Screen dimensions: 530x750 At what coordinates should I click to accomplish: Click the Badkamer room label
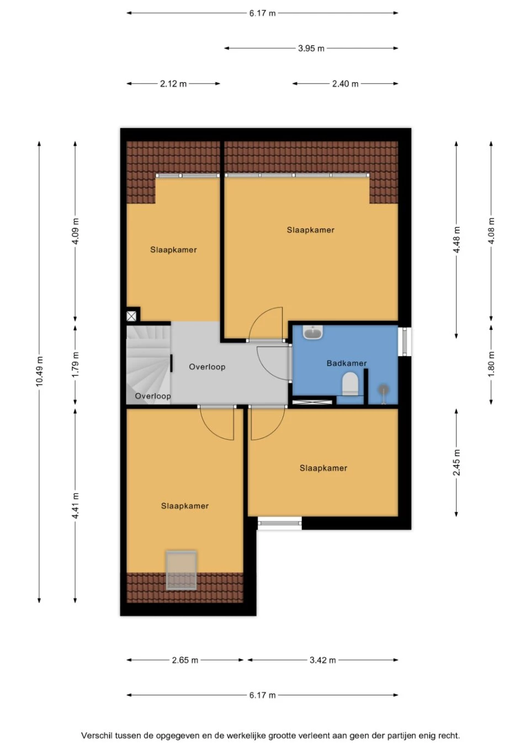click(x=346, y=363)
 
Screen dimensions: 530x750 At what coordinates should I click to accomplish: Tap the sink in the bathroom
click(x=313, y=332)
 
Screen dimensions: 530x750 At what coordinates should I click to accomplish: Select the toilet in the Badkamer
click(x=351, y=384)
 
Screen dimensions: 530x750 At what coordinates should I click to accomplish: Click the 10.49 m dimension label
click(x=40, y=371)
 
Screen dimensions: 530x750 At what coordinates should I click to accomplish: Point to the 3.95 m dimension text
click(x=311, y=49)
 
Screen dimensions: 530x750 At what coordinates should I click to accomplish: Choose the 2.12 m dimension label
click(x=173, y=84)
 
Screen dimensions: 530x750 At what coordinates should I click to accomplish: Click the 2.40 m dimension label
click(x=345, y=84)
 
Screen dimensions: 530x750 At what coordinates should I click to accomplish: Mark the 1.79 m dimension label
click(x=76, y=365)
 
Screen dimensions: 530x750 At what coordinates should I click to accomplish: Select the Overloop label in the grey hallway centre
click(x=207, y=367)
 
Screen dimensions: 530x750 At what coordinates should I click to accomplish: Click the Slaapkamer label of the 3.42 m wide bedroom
click(x=323, y=468)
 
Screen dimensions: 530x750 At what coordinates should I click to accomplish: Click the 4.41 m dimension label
click(x=76, y=505)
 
